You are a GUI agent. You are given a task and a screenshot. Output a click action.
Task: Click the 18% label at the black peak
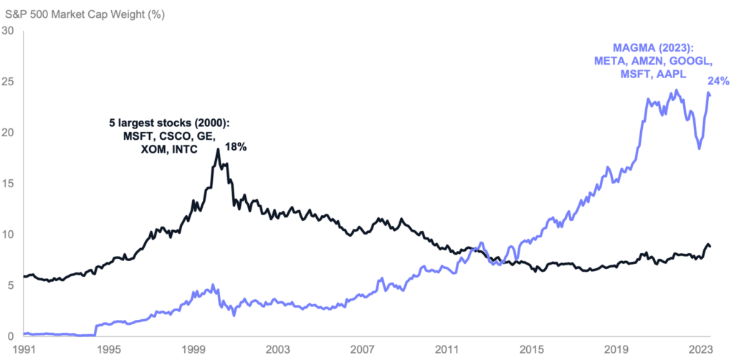pyautogui.click(x=237, y=147)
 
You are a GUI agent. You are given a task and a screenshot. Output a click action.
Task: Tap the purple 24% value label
pyautogui.click(x=719, y=81)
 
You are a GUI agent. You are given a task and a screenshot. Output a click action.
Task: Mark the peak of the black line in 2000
pyautogui.click(x=218, y=149)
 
